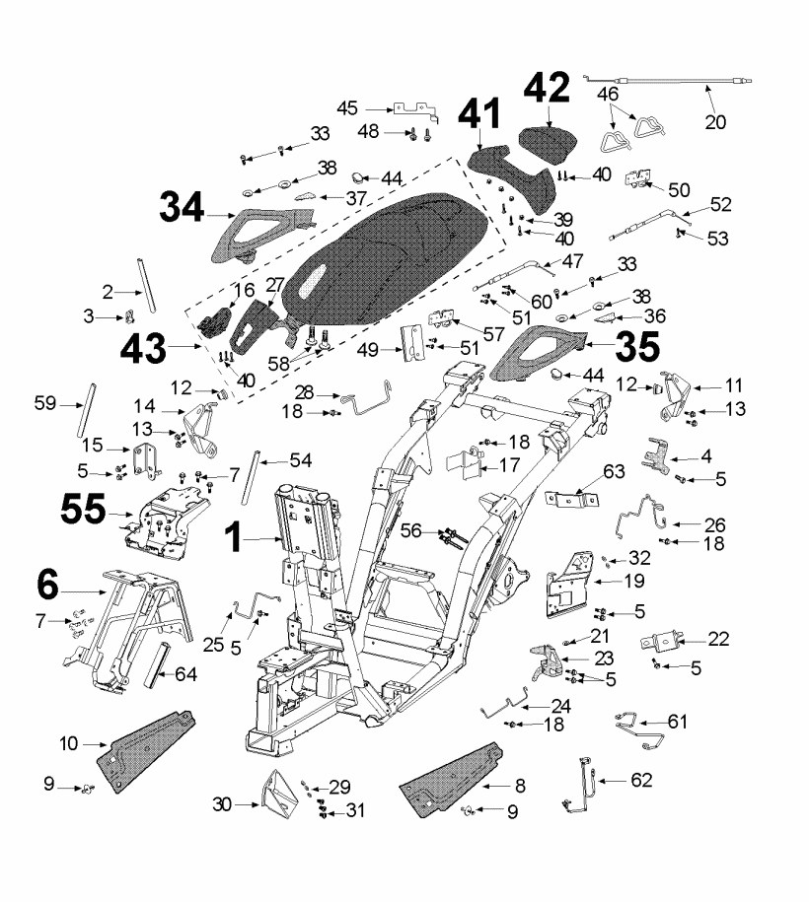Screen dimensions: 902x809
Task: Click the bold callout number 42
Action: coord(546,91)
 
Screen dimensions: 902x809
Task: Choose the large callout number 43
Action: coord(146,348)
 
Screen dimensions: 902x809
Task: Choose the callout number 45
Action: coord(348,108)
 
